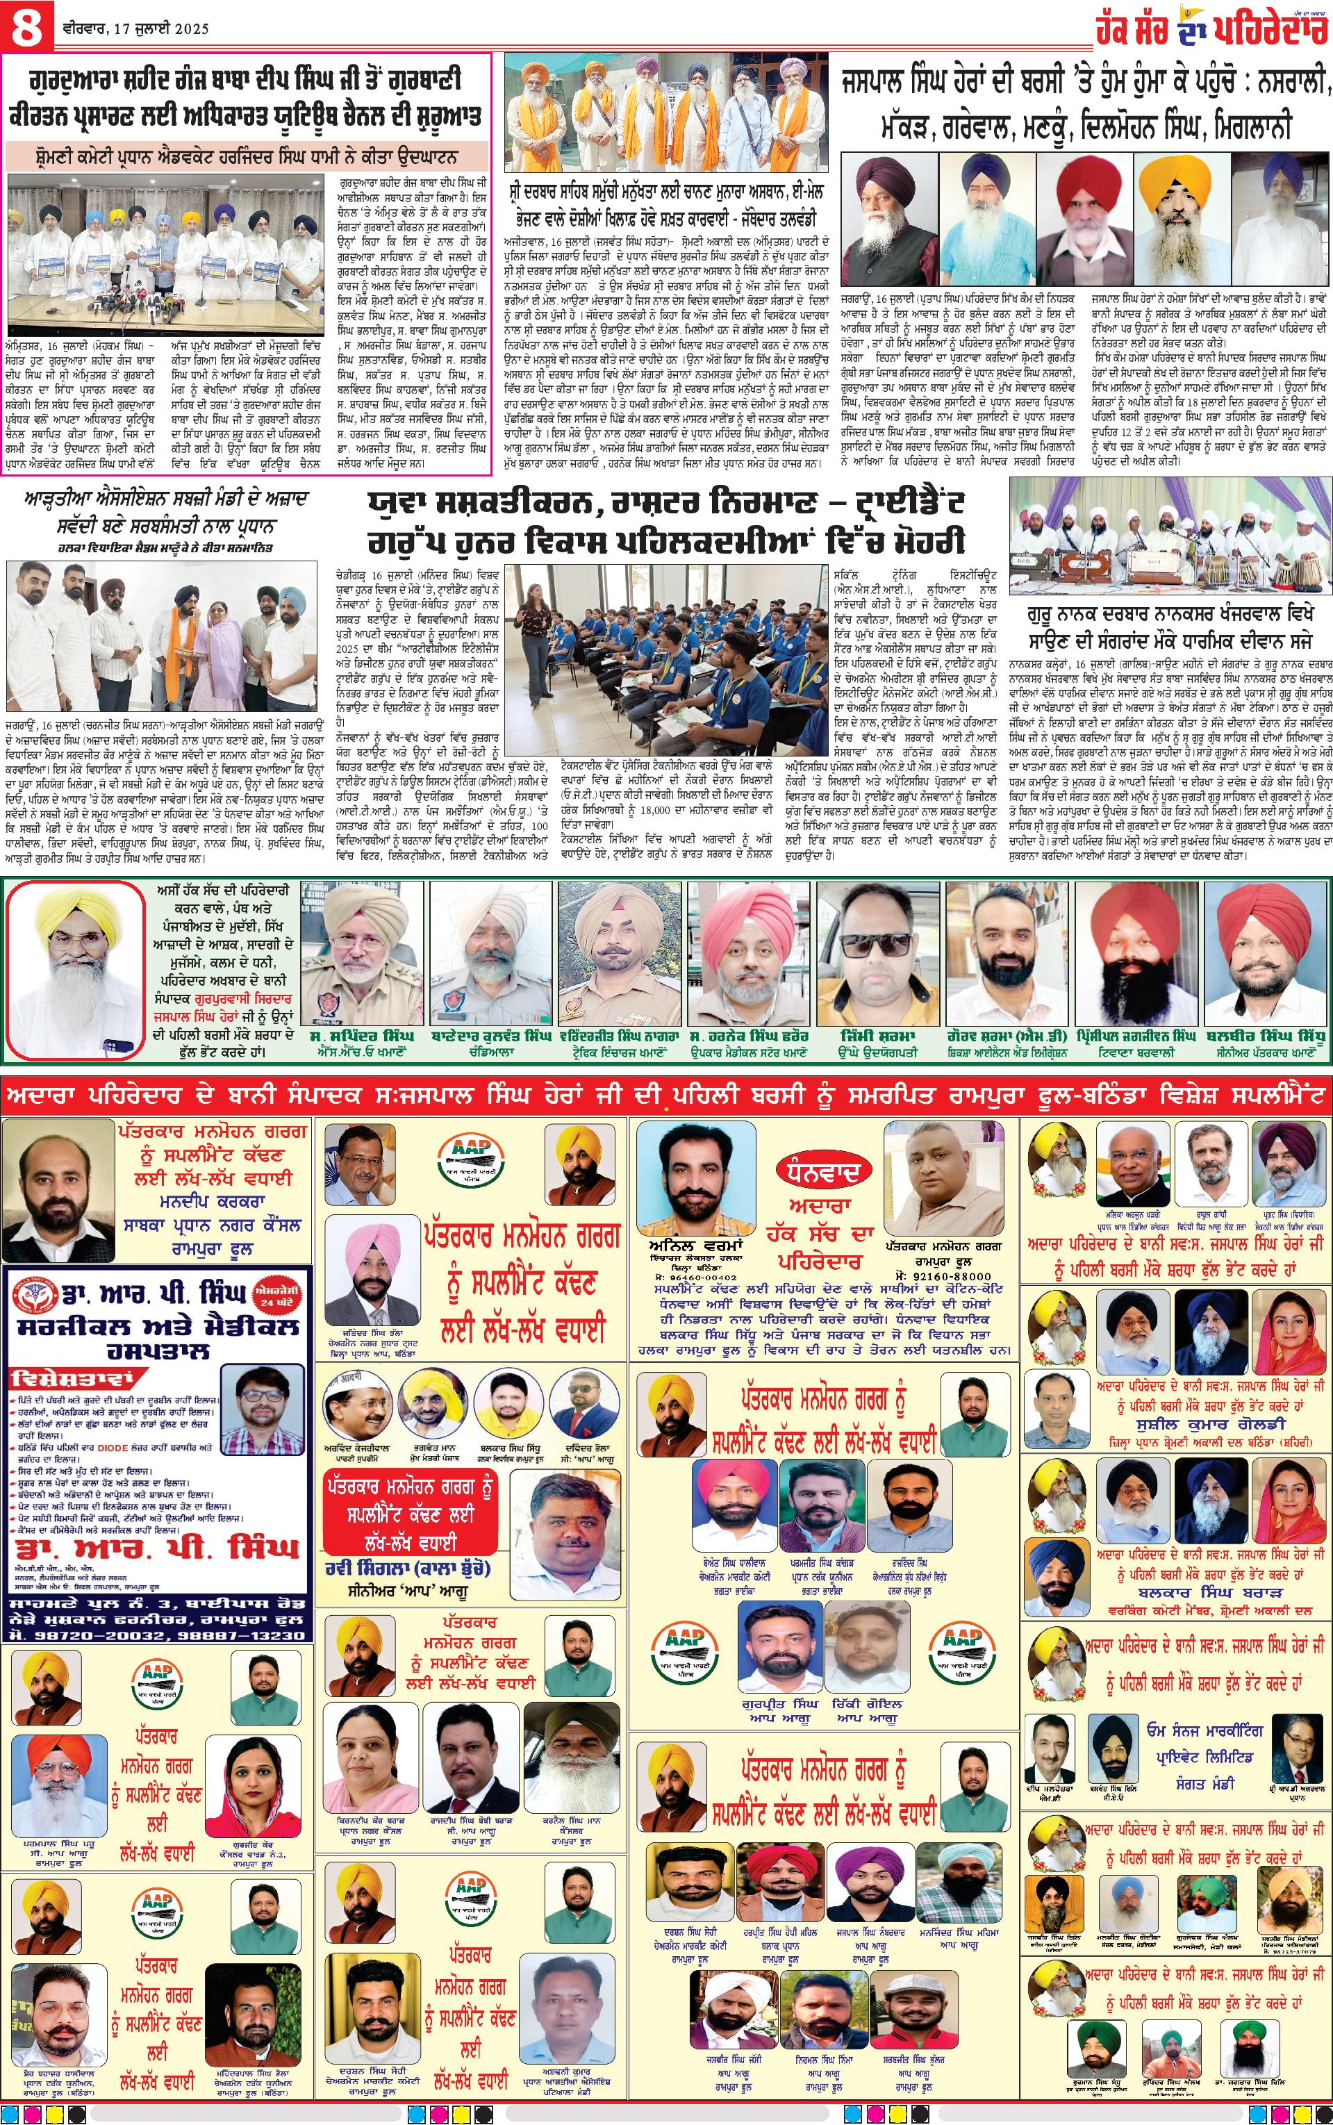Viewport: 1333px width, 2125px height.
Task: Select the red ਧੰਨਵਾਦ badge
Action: (813, 1171)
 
